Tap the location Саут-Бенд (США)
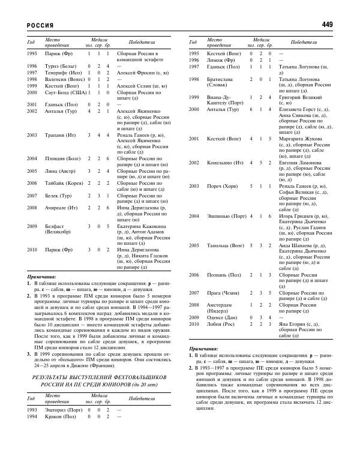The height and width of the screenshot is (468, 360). [62, 92]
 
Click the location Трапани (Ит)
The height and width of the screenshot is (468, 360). [58, 135]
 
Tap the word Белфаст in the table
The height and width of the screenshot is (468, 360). [52, 227]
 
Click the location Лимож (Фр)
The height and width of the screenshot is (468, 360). [217, 60]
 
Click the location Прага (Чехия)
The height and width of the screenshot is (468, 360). [221, 293]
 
